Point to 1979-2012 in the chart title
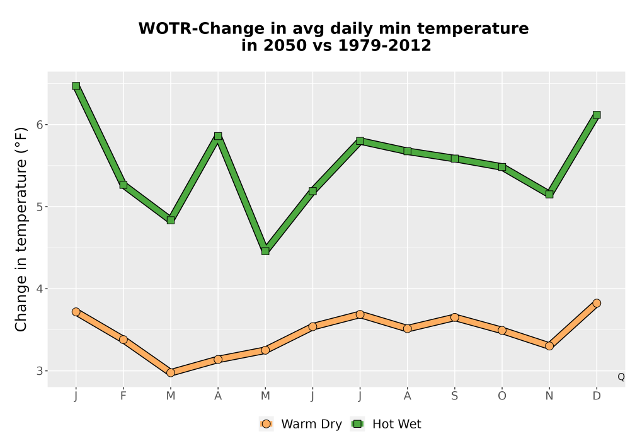[384, 45]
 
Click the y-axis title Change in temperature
[21, 229]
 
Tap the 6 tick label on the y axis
[39, 125]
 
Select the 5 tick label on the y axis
[39, 207]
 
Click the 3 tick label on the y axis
[39, 371]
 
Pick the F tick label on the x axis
[123, 396]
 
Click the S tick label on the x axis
[454, 396]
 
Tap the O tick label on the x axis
[502, 396]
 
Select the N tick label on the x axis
[549, 396]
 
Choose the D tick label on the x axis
[597, 396]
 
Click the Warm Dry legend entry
[301, 424]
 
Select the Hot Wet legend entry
[386, 424]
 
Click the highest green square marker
[76, 86]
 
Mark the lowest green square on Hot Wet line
[265, 251]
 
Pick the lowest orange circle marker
[171, 373]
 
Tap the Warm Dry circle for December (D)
[597, 303]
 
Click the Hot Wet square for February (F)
[123, 185]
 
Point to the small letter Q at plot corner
[621, 377]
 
